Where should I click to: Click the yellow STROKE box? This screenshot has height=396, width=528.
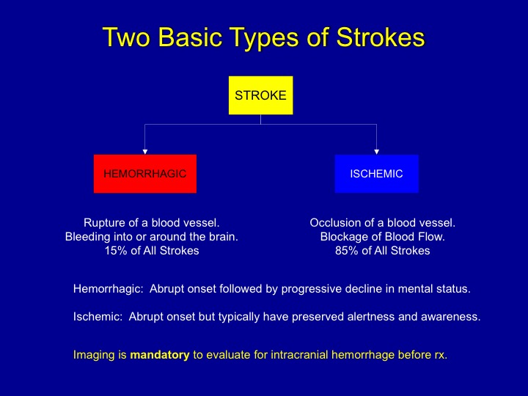[260, 95]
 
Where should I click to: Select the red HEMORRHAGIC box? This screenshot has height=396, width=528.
[145, 174]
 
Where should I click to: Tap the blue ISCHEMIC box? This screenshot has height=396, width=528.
[376, 174]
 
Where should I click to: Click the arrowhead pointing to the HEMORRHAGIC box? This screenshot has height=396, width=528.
[145, 151]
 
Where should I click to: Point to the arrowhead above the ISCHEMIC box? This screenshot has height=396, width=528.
[377, 151]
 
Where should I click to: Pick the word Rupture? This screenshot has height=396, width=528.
[104, 222]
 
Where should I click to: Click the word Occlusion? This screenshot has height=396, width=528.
[334, 222]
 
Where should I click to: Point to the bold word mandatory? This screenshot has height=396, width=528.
[160, 355]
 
